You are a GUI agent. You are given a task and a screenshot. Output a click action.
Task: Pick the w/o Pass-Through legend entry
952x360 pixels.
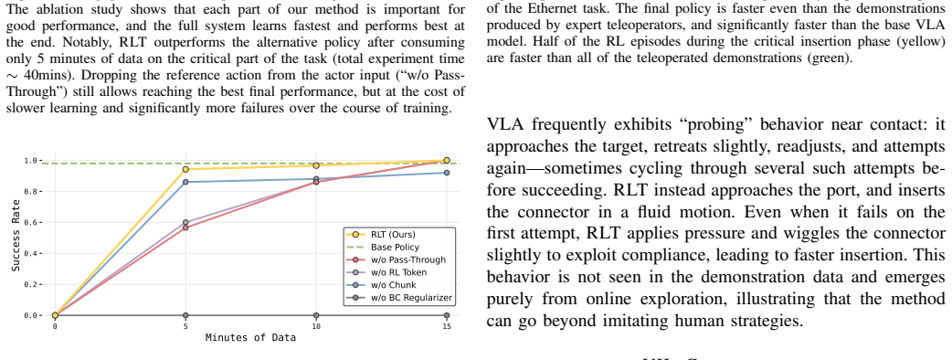[x=396, y=259]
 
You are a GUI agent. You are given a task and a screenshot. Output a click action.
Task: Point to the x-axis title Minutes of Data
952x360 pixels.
[x=250, y=337]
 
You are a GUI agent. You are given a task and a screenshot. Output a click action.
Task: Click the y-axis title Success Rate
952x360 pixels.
[x=16, y=238]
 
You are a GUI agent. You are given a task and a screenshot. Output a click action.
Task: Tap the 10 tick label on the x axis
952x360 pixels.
[x=316, y=325]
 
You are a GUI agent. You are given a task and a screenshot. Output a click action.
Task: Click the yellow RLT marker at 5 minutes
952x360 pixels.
[x=185, y=169]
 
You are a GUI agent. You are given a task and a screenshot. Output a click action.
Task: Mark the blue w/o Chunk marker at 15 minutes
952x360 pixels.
[x=447, y=173]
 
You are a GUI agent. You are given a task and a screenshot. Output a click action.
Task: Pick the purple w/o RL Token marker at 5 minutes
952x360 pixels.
[x=185, y=223]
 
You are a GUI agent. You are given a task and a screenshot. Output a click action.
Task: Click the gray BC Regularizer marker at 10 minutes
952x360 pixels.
[x=316, y=315]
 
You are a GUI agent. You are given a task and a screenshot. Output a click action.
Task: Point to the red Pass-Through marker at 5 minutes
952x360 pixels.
[x=185, y=228]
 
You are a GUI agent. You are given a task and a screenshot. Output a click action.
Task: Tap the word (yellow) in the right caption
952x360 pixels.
[x=923, y=45]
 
